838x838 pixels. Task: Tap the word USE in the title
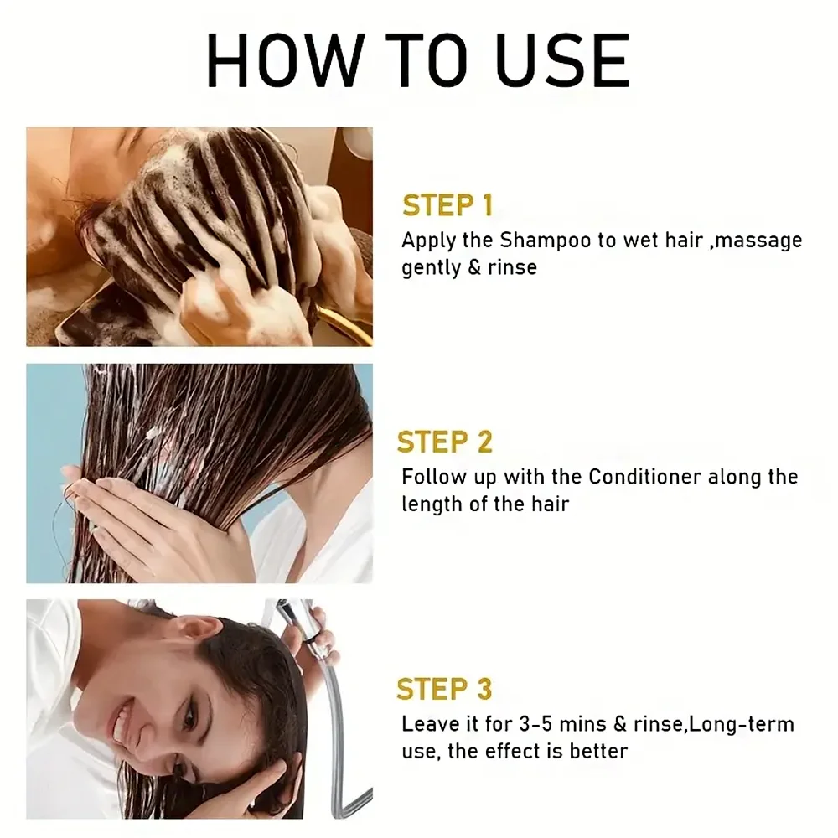pos(557,60)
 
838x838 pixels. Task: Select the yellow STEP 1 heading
pos(447,205)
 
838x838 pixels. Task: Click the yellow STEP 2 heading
pos(445,442)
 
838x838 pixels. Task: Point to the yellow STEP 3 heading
pos(444,689)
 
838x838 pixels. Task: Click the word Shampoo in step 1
pos(546,241)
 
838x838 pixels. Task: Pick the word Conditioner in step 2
pos(644,477)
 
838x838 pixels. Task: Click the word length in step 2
pos(427,504)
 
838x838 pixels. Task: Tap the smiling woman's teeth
pos(125,716)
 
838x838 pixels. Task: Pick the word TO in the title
pos(417,60)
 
